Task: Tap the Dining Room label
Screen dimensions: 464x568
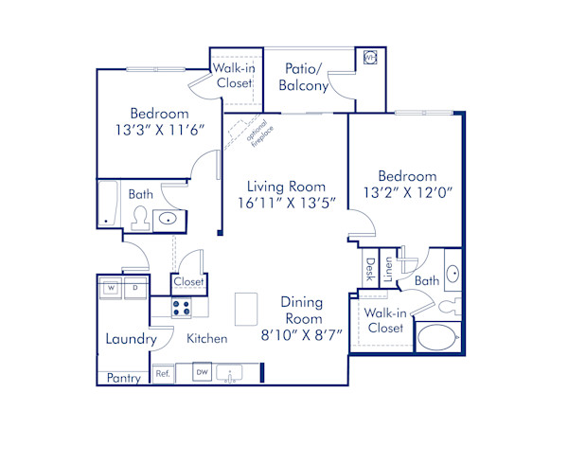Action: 301,311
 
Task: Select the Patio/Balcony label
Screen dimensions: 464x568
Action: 304,77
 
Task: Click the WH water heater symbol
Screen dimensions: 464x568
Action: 369,58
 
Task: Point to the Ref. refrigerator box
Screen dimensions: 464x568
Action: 162,374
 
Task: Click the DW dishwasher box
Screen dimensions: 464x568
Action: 202,373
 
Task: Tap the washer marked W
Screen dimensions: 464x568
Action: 111,287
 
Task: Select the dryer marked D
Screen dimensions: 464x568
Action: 134,287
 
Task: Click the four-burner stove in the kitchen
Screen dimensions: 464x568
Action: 183,308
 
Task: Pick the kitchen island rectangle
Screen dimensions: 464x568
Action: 247,309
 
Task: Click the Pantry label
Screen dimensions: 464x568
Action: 123,378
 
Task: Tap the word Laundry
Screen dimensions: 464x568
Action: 131,339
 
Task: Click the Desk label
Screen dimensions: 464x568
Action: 369,270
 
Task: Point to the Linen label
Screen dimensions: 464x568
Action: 388,270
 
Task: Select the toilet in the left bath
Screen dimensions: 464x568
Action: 139,220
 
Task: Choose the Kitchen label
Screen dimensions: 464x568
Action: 206,338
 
